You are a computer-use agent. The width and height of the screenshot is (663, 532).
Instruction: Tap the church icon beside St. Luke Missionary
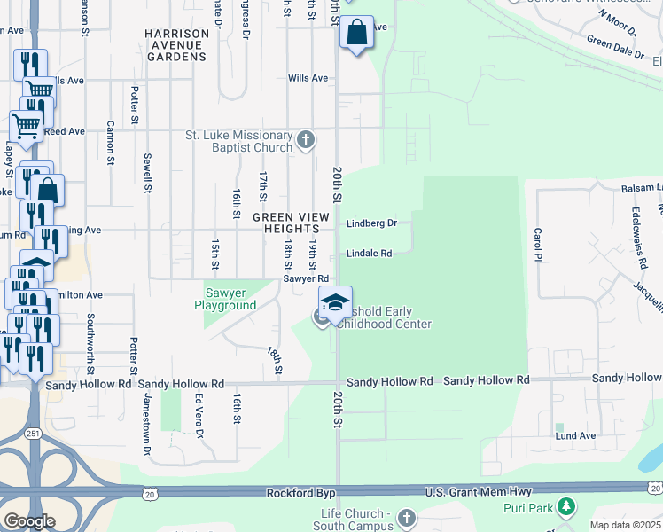pyautogui.click(x=306, y=139)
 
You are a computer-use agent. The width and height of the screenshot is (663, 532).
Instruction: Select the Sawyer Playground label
pyautogui.click(x=225, y=299)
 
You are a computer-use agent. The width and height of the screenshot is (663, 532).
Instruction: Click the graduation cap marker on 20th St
pyautogui.click(x=336, y=302)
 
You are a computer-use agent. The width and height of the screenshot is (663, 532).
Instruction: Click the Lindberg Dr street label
pyautogui.click(x=371, y=223)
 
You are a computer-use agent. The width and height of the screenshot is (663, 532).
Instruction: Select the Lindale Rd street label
pyautogui.click(x=369, y=254)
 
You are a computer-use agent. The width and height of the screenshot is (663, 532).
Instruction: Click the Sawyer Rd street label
pyautogui.click(x=300, y=278)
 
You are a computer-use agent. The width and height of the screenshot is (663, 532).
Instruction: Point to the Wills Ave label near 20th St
pyautogui.click(x=308, y=78)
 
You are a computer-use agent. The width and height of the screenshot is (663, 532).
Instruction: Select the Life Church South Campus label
pyautogui.click(x=355, y=520)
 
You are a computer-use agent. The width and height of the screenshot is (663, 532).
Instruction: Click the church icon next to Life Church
pyautogui.click(x=406, y=517)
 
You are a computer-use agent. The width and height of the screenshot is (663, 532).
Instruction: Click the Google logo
pyautogui.click(x=29, y=521)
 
